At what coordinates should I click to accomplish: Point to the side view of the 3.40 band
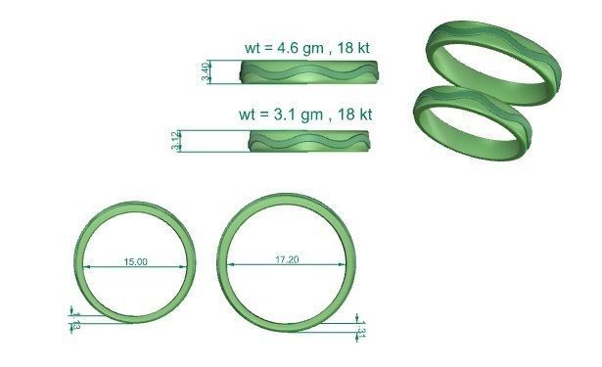coord(308,73)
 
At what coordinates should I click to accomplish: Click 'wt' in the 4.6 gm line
coord(254,47)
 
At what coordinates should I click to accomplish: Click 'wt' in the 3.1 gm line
coord(248,115)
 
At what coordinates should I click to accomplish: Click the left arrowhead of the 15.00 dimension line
coord(86,267)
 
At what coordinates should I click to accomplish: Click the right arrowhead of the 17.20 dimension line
coord(344,265)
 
